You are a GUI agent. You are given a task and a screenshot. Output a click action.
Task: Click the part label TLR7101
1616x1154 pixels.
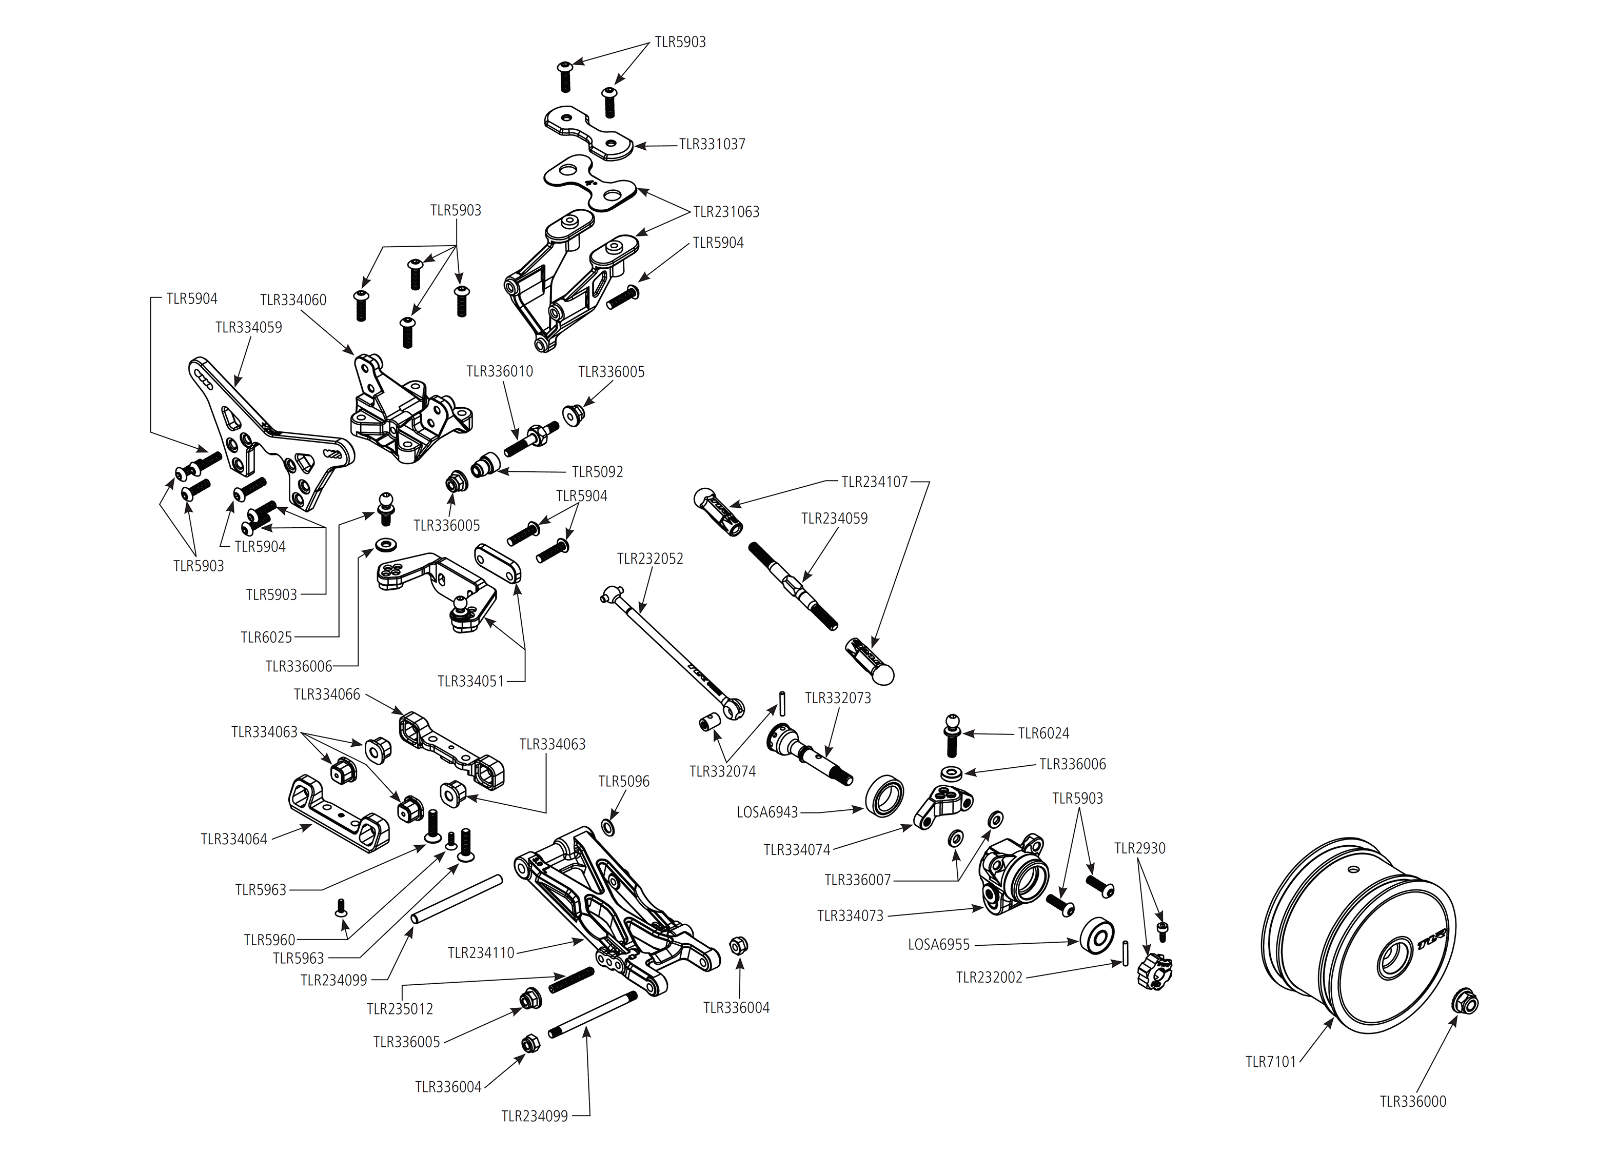click(x=1271, y=1062)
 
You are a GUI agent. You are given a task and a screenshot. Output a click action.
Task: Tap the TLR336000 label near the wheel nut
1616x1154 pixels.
click(x=1413, y=1101)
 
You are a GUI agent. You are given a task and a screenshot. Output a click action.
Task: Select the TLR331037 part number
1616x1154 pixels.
click(x=712, y=144)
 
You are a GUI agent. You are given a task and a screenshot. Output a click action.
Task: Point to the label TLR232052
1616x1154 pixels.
click(x=649, y=559)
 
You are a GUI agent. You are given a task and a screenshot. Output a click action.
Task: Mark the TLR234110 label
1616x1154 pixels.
click(x=480, y=953)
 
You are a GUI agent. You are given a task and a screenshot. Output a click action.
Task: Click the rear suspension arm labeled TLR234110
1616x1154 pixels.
click(x=611, y=909)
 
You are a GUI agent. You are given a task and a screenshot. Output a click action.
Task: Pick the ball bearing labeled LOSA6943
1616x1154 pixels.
click(x=884, y=795)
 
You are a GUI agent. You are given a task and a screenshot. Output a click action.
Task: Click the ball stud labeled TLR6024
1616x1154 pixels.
click(x=952, y=735)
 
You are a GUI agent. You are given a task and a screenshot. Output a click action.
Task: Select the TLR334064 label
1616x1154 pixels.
click(x=234, y=839)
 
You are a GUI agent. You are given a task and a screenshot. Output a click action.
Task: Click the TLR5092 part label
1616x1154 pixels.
click(x=597, y=472)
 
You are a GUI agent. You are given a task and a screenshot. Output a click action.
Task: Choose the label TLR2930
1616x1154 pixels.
click(x=1140, y=848)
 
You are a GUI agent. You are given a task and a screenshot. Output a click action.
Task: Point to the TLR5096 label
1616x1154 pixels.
click(x=624, y=782)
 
